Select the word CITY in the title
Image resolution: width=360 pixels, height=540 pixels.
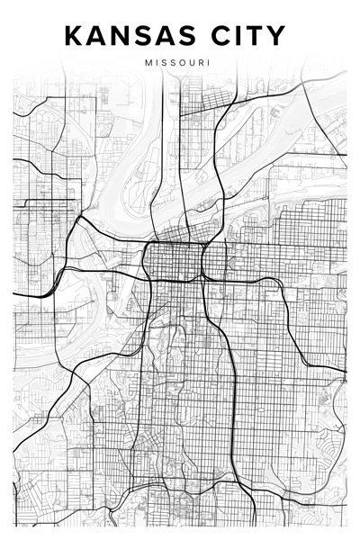click(x=248, y=36)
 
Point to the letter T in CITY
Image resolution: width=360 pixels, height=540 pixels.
click(x=255, y=36)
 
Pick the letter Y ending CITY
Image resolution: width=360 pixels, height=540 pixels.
click(x=275, y=36)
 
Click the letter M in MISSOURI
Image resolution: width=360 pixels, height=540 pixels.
click(x=147, y=63)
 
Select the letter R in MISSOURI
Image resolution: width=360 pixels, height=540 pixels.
click(x=202, y=63)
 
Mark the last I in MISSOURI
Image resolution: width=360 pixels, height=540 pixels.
click(x=210, y=63)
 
